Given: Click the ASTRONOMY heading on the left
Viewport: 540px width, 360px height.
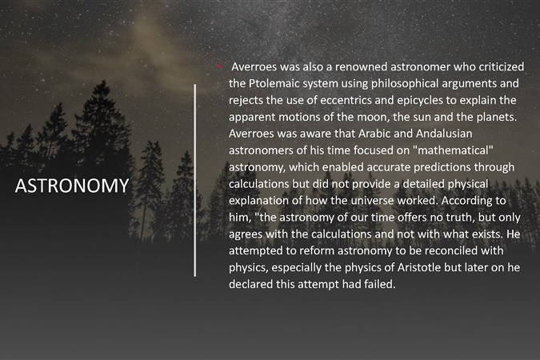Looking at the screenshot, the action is tap(72, 186).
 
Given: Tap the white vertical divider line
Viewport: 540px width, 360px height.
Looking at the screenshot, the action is tap(195, 180).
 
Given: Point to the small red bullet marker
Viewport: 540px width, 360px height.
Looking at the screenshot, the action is tap(219, 66).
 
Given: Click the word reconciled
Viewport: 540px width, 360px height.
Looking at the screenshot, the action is tap(447, 250).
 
